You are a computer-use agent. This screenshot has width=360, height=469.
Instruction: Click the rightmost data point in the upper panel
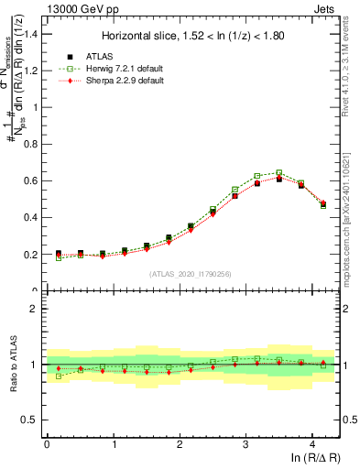click(x=323, y=204)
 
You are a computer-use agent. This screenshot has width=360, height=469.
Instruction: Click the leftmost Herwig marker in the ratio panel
click(x=59, y=376)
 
